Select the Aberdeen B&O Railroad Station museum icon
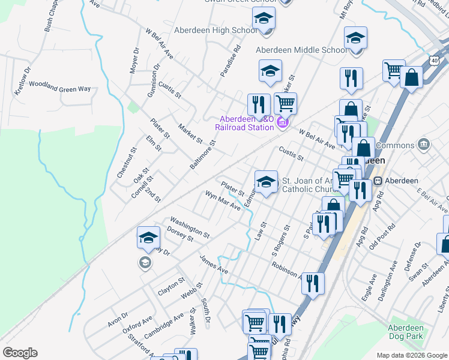click(x=283, y=124)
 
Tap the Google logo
click(x=20, y=353)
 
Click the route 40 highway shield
click(x=433, y=61)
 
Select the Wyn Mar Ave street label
click(x=223, y=201)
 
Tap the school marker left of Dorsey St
click(x=148, y=238)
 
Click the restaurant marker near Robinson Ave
click(x=312, y=283)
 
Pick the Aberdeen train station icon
click(x=378, y=181)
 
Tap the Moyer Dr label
click(x=134, y=60)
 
